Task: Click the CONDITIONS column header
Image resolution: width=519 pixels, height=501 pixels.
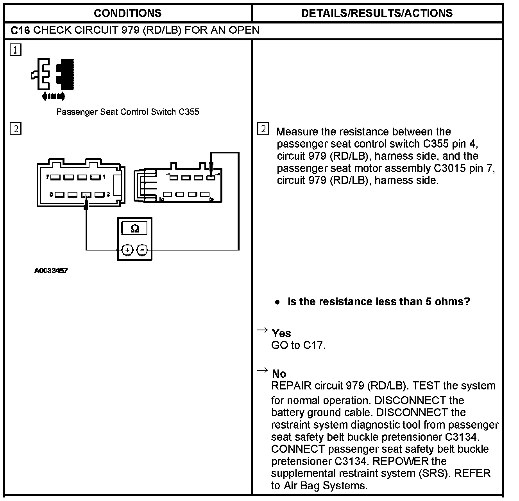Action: pyautogui.click(x=127, y=13)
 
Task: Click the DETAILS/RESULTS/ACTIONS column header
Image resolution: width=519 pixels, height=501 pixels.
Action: pyautogui.click(x=377, y=13)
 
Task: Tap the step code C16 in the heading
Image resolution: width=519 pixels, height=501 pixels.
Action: pyautogui.click(x=20, y=31)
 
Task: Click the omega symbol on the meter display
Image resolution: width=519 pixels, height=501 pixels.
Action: pyautogui.click(x=135, y=229)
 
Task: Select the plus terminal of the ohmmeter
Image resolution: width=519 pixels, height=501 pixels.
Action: pyautogui.click(x=128, y=250)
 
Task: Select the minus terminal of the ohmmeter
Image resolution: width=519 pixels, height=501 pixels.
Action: pyautogui.click(x=142, y=250)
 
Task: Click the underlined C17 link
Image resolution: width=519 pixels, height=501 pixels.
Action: pyautogui.click(x=313, y=345)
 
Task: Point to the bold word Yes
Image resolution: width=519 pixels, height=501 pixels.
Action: pyautogui.click(x=281, y=333)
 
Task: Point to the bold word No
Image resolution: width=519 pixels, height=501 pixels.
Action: pyautogui.click(x=279, y=373)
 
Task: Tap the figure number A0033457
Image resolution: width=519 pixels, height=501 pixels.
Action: pyautogui.click(x=51, y=270)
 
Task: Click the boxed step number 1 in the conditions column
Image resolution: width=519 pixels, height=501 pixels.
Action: pyautogui.click(x=16, y=50)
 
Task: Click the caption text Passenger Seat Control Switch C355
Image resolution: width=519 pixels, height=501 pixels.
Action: pyautogui.click(x=128, y=112)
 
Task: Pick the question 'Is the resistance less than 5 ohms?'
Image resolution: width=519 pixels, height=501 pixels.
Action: pyautogui.click(x=379, y=302)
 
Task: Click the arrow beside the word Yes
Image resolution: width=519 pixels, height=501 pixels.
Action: pyautogui.click(x=262, y=330)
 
